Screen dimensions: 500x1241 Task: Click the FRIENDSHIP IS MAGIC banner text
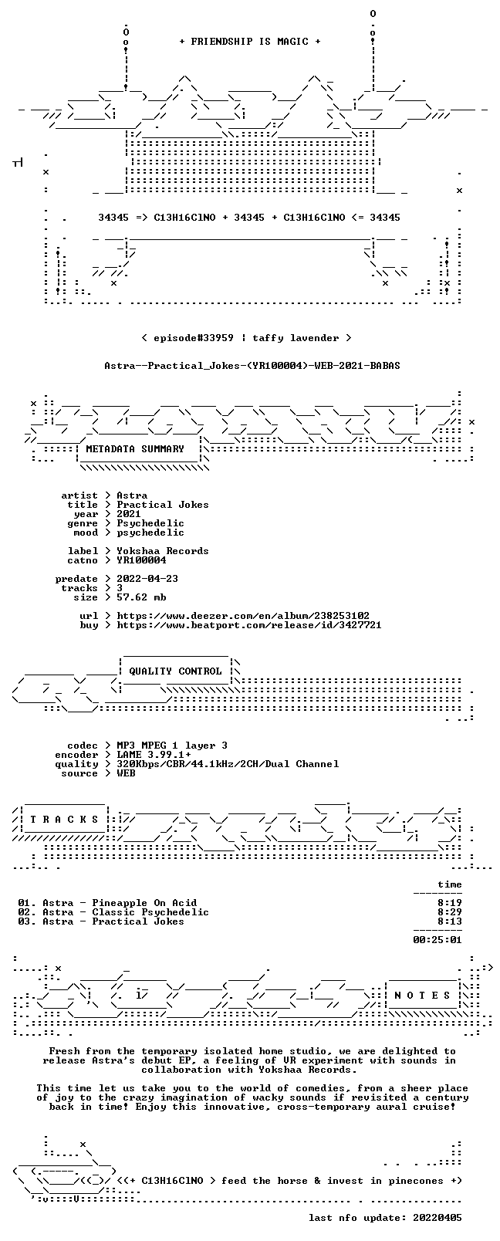pos(250,42)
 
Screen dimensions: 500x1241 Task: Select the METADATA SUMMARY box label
pos(135,448)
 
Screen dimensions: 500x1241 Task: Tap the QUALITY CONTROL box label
pos(175,671)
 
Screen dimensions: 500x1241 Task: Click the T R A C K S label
pos(64,820)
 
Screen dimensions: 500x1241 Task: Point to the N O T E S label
pos(423,995)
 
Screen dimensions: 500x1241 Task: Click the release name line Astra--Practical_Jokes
pos(252,366)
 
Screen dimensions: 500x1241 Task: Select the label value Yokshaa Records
pos(163,551)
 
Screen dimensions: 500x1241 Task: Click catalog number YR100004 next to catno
pos(141,560)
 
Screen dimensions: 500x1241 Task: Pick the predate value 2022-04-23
pos(147,578)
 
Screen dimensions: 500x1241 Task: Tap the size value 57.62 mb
pos(141,597)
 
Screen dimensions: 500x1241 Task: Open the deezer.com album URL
pos(243,616)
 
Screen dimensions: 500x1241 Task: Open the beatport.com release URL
pos(249,625)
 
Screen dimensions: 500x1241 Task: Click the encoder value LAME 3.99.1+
pos(154,755)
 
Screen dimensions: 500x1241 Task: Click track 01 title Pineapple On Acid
pos(144,902)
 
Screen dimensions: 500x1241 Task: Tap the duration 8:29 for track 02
pos(450,912)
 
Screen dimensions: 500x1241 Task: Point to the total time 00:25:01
pos(437,939)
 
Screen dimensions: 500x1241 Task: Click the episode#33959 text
pos(193,338)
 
